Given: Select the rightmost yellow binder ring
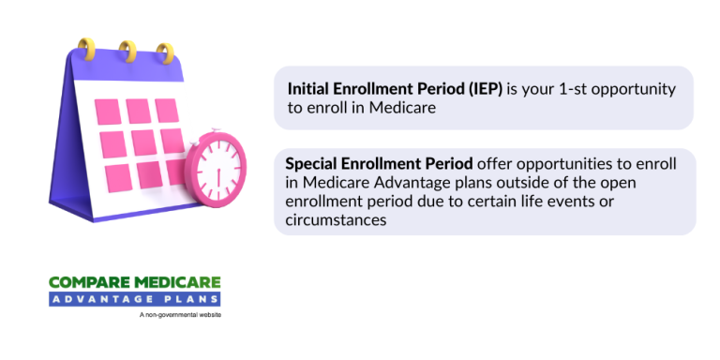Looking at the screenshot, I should coord(165,52).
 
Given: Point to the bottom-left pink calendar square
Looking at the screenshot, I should coord(112,174).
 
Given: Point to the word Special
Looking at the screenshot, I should coord(314,164).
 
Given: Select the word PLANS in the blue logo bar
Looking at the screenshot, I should coord(195,299).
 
